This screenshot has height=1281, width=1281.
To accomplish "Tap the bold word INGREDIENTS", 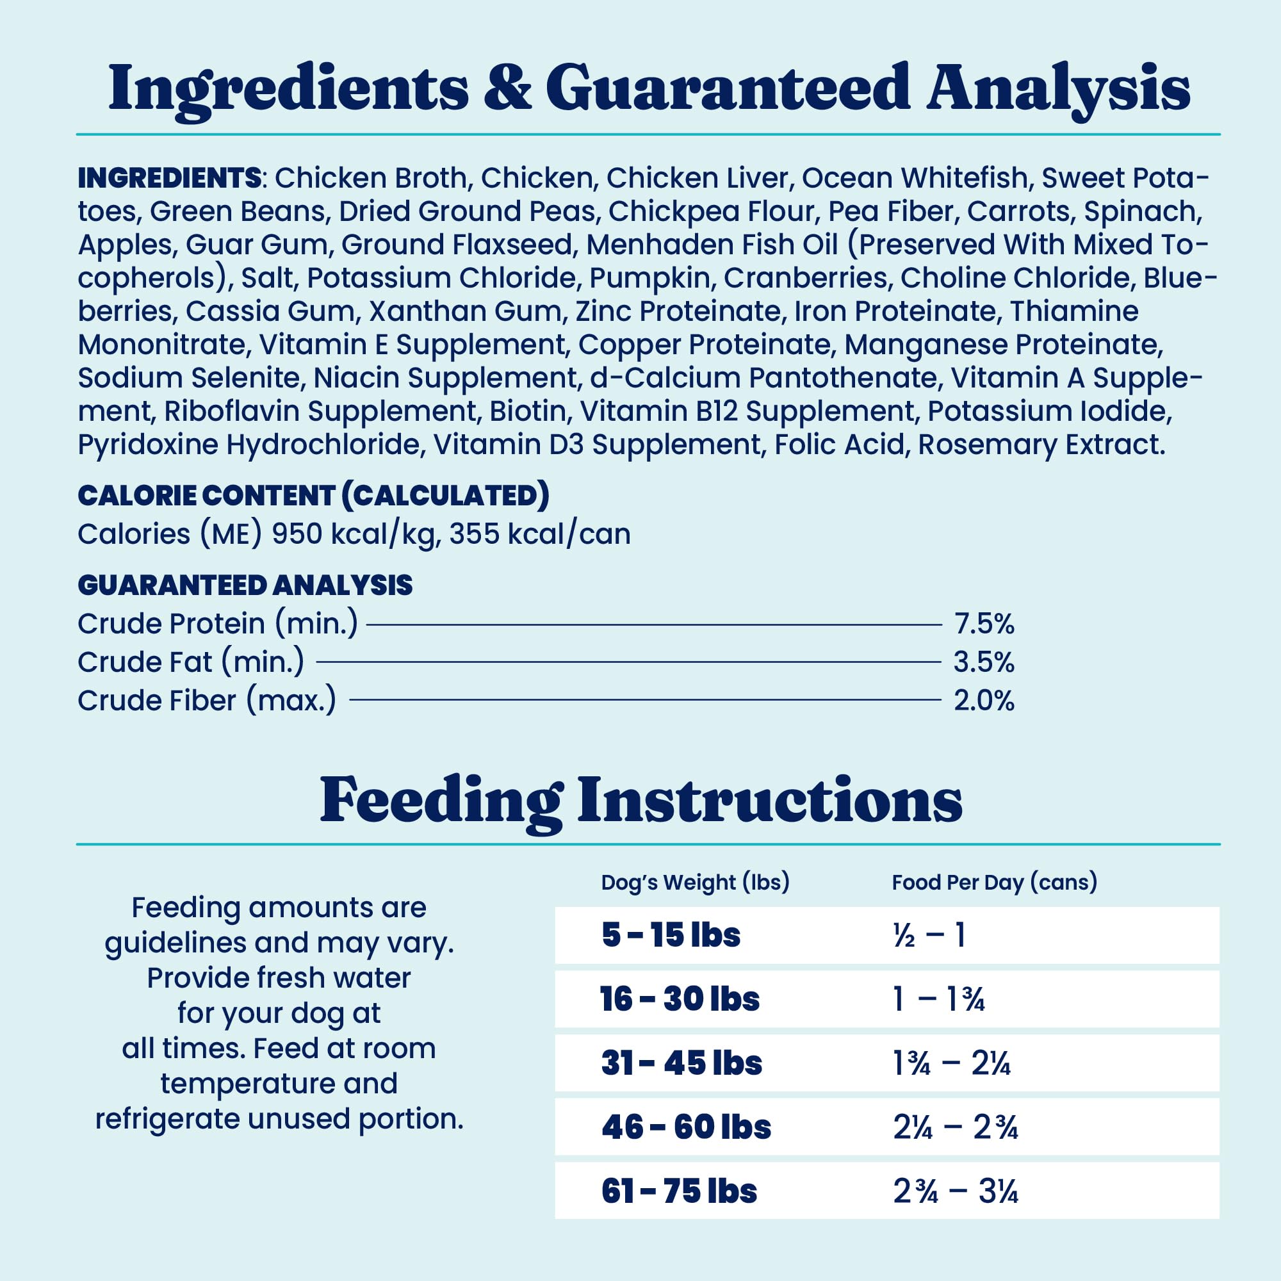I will pos(169,178).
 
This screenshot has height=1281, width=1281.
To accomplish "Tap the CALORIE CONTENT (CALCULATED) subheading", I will pos(313,496).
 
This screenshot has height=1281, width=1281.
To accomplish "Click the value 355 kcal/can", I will pos(540,534).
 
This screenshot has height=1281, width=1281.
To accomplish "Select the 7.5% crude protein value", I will pos(984,624).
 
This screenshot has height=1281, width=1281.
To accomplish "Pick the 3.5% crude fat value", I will pos(984,662).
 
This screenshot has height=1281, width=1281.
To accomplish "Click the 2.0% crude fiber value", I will pos(984,701).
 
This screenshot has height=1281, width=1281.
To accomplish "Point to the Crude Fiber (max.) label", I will pos(207,701).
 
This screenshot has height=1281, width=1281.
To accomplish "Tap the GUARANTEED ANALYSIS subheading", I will pos(245,585).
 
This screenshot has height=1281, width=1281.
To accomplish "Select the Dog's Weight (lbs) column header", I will pos(695,883).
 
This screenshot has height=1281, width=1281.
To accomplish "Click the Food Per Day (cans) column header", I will pos(994,883).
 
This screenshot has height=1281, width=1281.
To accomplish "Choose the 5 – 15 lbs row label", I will pos(671,936).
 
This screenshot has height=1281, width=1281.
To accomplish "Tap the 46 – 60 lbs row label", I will pos(685,1127).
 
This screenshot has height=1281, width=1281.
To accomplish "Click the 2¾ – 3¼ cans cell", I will pos(956,1191).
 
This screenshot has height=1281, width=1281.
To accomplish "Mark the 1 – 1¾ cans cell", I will pos(938,999).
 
